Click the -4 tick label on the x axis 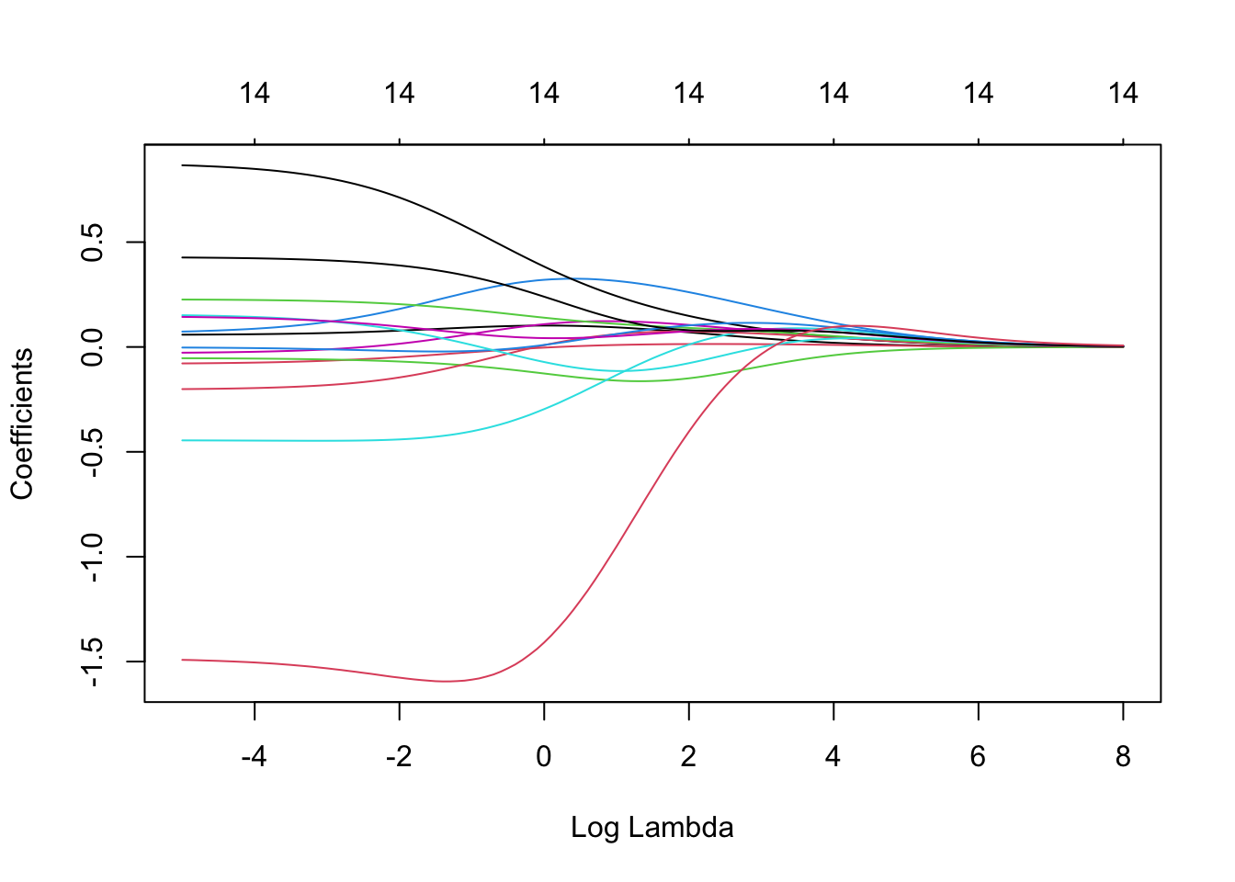click(254, 757)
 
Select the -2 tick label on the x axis click(399, 757)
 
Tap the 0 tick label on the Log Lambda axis click(544, 757)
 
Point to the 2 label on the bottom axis click(688, 757)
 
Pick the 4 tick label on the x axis click(833, 757)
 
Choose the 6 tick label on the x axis click(978, 757)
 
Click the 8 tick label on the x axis click(1123, 757)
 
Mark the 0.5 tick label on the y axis click(92, 243)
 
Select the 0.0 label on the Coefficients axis click(92, 347)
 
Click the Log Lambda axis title click(651, 828)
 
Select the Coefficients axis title click(22, 424)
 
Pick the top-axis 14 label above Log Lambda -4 click(255, 93)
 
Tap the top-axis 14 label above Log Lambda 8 click(1123, 93)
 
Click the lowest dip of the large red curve click(447, 681)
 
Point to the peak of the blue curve click(574, 278)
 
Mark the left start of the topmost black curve click(183, 165)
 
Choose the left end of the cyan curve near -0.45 click(183, 440)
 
